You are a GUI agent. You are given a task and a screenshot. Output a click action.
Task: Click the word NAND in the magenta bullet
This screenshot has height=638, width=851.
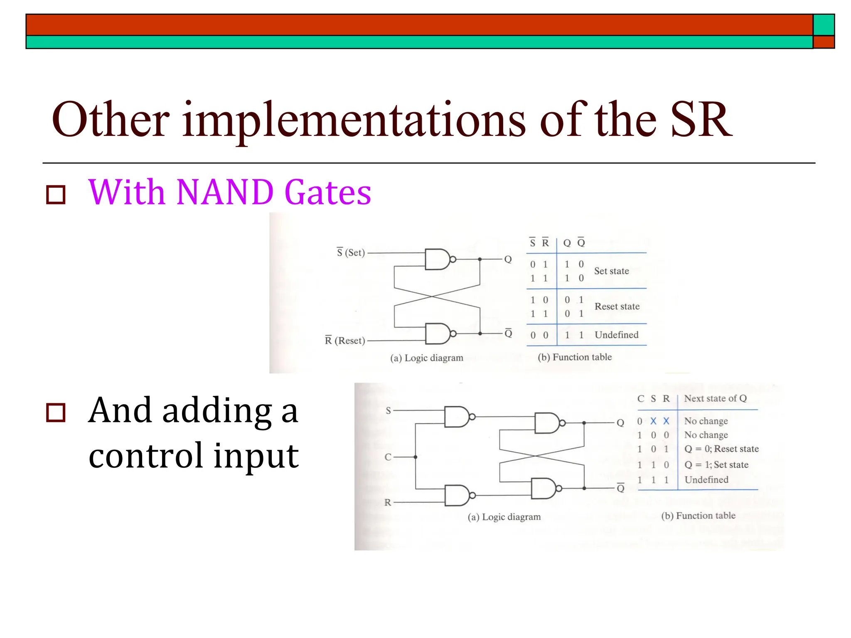click(224, 192)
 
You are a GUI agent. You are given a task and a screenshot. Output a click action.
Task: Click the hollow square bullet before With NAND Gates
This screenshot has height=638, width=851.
click(56, 195)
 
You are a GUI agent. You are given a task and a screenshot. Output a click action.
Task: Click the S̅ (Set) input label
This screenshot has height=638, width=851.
click(351, 253)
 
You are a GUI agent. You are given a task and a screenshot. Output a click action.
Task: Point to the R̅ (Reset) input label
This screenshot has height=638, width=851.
click(344, 341)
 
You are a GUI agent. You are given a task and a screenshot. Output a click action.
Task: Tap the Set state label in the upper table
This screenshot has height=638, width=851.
click(611, 271)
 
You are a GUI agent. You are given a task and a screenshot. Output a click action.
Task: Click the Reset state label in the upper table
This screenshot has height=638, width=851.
click(617, 307)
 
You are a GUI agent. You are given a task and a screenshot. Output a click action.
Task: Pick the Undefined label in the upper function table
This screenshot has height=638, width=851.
click(616, 335)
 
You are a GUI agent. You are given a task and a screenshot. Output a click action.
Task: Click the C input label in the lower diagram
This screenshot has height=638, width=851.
click(388, 457)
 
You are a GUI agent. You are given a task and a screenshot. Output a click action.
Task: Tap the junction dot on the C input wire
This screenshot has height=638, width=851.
click(416, 457)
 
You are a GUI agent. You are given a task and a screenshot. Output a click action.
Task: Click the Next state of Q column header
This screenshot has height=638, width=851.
click(715, 398)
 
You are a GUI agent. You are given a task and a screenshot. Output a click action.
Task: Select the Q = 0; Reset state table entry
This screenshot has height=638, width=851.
click(721, 449)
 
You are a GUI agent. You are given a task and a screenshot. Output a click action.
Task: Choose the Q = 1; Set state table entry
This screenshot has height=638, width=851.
click(716, 465)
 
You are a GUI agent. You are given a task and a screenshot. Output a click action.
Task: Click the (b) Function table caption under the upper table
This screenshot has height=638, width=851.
click(575, 357)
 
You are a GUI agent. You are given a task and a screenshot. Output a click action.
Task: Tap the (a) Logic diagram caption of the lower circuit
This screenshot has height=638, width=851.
click(504, 517)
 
